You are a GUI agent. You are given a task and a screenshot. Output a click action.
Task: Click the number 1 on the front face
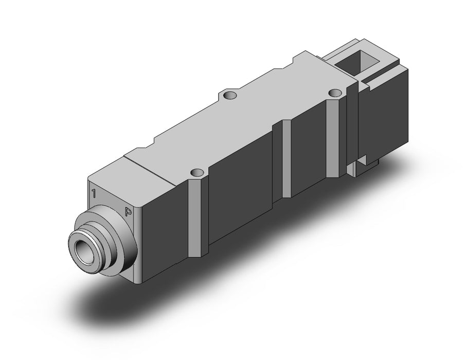94,193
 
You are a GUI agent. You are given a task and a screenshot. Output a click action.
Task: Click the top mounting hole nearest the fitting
197,172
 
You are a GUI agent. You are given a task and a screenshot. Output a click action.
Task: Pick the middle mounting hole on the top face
230,95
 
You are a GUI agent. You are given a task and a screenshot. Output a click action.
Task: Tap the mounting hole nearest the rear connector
335,93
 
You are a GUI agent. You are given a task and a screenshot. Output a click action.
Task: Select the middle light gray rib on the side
285,159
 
